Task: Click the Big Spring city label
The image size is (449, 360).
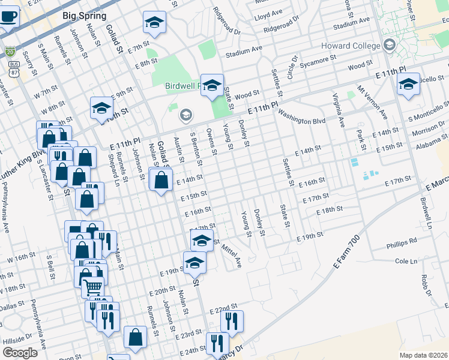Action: pos(85,16)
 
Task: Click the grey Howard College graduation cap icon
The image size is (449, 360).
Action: pos(390,45)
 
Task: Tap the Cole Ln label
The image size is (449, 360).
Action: pos(406,262)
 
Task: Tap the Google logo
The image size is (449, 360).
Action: pos(20,353)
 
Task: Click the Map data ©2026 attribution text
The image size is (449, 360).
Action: pos(423,355)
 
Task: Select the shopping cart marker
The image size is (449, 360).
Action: pos(92,286)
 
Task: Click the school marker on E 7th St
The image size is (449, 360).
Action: pos(154,23)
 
